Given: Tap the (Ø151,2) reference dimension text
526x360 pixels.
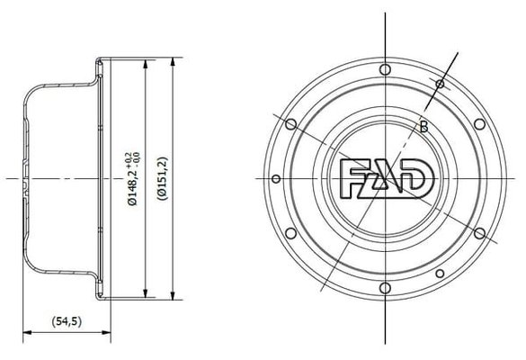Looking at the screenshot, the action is pos(163,178).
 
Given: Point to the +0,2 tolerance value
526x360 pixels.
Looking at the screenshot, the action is pos(128,159).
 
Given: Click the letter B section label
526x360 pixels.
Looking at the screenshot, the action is pos(423,127).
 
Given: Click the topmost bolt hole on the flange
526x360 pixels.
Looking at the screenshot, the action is pos(385,69).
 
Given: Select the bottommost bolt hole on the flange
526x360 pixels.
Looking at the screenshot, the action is pos(386,288).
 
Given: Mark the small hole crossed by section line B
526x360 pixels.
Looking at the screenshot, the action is pos(440,84).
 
